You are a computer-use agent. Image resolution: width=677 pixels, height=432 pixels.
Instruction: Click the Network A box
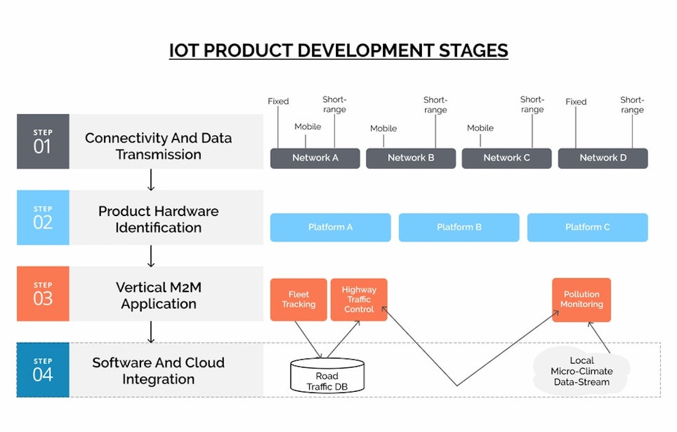tap(315, 158)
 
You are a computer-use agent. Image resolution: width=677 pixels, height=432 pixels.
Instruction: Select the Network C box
tap(506, 158)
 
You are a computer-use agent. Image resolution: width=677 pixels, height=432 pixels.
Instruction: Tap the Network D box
tap(603, 158)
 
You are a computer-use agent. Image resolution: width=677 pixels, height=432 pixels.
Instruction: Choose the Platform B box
tap(459, 227)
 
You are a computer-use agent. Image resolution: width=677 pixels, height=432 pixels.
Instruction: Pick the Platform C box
tap(587, 227)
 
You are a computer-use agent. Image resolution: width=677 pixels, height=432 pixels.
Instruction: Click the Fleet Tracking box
tap(298, 300)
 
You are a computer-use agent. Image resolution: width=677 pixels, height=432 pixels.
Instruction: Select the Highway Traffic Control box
tap(359, 300)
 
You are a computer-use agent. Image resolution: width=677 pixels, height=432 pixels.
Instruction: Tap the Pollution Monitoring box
tap(581, 300)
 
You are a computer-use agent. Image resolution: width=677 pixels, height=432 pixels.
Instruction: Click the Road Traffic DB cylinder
tap(327, 375)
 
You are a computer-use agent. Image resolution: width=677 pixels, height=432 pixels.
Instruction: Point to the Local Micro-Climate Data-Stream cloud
tap(581, 371)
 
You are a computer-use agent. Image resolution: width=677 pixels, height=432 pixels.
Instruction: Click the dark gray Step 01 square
tap(43, 141)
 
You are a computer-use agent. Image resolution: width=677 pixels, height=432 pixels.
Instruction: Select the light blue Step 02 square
tap(43, 217)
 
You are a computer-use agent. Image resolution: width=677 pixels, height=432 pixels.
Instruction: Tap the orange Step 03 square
tap(43, 294)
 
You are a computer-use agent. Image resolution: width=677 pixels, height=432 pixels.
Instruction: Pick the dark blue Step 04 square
tap(43, 370)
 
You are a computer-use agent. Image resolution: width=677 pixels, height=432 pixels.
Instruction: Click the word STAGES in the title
tap(473, 51)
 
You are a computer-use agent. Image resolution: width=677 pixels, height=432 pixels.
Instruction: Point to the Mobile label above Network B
tap(384, 129)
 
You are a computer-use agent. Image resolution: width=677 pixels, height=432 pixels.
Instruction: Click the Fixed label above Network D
tap(576, 102)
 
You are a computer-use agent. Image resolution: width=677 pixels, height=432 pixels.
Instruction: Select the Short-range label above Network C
tap(532, 105)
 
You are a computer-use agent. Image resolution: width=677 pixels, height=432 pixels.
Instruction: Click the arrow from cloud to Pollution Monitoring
tap(599, 337)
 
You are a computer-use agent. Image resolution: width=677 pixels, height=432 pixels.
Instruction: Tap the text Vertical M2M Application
tap(159, 295)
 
